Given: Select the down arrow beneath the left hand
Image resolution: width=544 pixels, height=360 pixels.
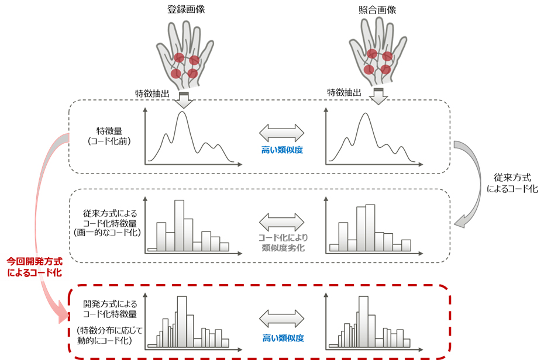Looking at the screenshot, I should click(x=184, y=99).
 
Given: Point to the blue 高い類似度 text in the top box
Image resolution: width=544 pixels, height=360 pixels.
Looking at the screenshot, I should click(x=282, y=150).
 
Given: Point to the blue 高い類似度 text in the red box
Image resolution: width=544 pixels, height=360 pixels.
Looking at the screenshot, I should click(x=282, y=338).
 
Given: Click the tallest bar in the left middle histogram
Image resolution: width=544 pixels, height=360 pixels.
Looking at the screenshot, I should click(x=179, y=225).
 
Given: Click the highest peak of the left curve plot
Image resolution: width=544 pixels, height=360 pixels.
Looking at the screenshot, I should click(x=183, y=113).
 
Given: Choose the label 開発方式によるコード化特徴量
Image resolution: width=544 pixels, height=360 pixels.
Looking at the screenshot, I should click(x=110, y=309).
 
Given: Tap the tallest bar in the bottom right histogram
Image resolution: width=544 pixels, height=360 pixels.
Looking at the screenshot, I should click(x=364, y=321).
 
